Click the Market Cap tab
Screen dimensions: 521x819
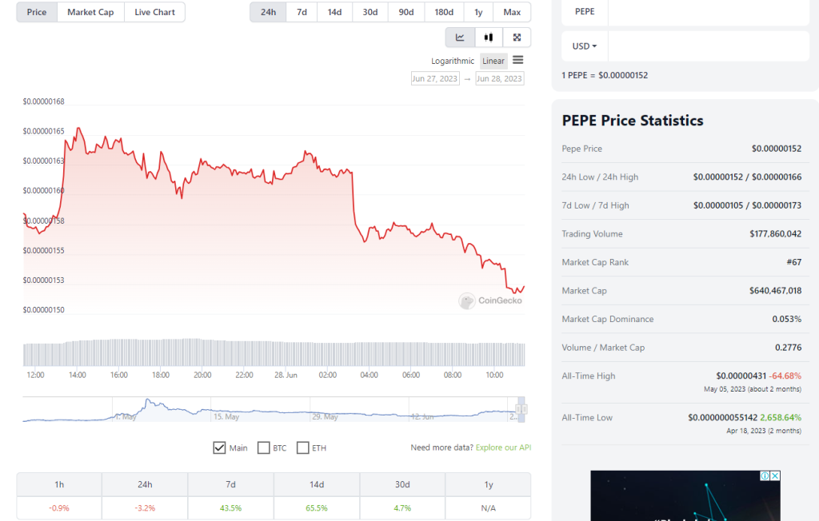pyautogui.click(x=90, y=12)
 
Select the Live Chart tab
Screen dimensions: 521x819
pyautogui.click(x=154, y=12)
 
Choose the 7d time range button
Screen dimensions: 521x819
pyautogui.click(x=302, y=12)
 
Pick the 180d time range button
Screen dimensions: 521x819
pyautogui.click(x=444, y=12)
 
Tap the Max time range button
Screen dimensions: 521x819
pyautogui.click(x=512, y=12)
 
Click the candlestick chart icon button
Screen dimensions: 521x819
pyautogui.click(x=488, y=38)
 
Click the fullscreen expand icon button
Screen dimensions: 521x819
pyautogui.click(x=517, y=38)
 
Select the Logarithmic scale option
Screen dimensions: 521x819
pyautogui.click(x=453, y=61)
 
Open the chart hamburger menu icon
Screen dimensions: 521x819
pyautogui.click(x=518, y=60)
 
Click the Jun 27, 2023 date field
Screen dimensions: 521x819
pyautogui.click(x=435, y=78)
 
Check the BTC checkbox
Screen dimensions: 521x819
pyautogui.click(x=264, y=447)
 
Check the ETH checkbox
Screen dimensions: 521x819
pyautogui.click(x=303, y=447)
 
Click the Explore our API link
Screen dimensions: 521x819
pyautogui.click(x=503, y=447)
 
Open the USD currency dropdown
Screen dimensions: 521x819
pyautogui.click(x=585, y=46)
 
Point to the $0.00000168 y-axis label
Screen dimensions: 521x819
pyautogui.click(x=43, y=101)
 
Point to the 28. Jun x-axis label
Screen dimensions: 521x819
pyautogui.click(x=286, y=374)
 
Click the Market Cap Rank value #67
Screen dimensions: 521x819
pyautogui.click(x=793, y=262)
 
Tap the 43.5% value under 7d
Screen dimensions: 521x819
pyautogui.click(x=230, y=507)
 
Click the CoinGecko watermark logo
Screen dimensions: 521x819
pyautogui.click(x=490, y=300)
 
